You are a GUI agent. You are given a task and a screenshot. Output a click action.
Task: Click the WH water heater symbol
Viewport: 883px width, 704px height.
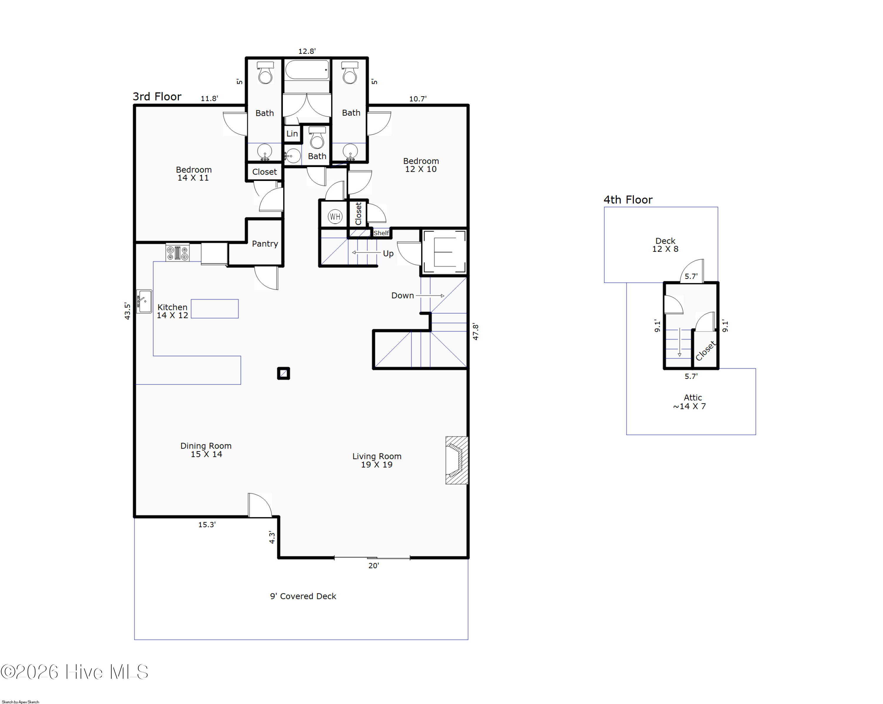pos(335,217)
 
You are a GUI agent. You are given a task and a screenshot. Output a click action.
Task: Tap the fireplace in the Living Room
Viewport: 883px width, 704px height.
pos(457,460)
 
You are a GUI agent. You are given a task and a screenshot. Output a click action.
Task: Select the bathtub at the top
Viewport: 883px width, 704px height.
pos(307,70)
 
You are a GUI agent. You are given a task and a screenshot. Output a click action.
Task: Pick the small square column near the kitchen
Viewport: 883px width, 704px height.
pos(283,373)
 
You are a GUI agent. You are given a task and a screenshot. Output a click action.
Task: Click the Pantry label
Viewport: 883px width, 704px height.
pos(265,244)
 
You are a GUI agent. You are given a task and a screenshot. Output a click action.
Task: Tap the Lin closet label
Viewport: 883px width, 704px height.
pos(292,134)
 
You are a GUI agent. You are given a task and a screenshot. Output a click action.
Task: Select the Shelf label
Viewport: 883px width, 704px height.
pos(381,233)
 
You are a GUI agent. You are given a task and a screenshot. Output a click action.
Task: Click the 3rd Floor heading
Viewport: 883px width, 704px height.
pos(157,96)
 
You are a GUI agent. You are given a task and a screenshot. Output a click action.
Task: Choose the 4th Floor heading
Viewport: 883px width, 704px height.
pos(628,200)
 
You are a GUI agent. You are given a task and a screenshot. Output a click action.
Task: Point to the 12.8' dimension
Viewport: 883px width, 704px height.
pos(307,51)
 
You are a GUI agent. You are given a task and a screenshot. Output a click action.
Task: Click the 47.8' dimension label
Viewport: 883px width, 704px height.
pos(475,332)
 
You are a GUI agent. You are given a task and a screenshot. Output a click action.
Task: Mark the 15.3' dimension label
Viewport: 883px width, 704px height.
pos(207,525)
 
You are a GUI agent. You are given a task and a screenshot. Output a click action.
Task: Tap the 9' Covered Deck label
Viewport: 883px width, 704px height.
pos(303,596)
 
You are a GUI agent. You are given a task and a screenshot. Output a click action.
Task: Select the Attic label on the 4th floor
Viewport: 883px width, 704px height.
pos(693,397)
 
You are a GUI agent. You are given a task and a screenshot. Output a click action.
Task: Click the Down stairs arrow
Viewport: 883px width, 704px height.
pos(430,296)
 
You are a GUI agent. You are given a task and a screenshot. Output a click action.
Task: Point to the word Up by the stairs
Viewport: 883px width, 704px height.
pos(388,253)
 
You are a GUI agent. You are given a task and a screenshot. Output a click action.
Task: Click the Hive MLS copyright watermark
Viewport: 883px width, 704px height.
pos(74,672)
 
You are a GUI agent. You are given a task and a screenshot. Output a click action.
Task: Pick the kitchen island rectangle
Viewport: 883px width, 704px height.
pos(215,309)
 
